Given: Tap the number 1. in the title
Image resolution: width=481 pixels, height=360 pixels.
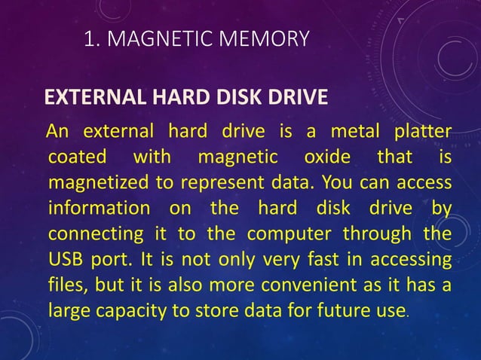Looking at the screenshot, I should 93,38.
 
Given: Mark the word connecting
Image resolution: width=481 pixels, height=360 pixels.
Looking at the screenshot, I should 95,233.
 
